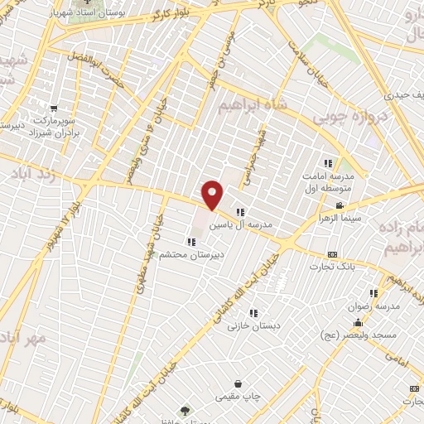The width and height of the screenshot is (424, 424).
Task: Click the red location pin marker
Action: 213,193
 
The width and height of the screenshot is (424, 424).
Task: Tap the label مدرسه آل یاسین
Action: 245,224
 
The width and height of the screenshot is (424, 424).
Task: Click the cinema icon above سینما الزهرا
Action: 340,205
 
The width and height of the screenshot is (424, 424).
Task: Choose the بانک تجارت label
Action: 332,267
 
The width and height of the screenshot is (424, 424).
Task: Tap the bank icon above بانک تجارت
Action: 332,254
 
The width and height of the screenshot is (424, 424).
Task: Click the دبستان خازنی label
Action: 255,325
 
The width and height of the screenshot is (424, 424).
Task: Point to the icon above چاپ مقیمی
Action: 238,384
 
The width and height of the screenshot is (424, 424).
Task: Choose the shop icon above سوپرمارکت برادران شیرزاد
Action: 54,108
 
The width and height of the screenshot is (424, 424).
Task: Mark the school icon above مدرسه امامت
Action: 328,162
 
